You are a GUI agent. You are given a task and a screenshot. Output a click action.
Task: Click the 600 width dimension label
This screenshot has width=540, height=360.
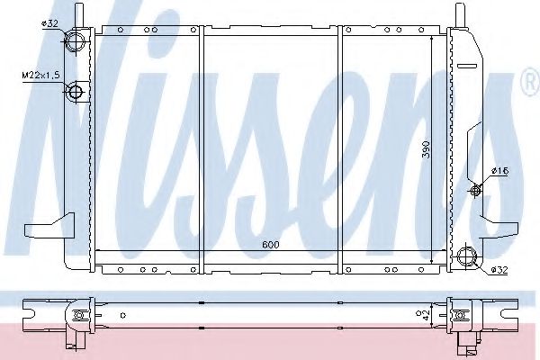click(x=271, y=245)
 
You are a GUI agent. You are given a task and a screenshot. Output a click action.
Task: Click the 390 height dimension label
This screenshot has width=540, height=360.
click(x=427, y=149)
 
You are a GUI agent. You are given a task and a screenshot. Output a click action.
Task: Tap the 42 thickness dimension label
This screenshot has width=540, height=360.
click(x=427, y=315)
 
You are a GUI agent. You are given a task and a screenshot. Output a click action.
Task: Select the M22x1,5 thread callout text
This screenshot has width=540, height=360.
click(x=40, y=75)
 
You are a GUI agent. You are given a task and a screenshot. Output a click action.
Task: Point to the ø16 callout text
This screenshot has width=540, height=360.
click(x=500, y=170)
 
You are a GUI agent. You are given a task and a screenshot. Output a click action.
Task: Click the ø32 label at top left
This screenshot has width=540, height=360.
click(x=49, y=23)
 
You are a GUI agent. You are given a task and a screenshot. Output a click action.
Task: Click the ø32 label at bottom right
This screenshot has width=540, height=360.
click(x=499, y=270)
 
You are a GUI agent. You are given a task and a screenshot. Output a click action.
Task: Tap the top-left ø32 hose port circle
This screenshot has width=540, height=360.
click(x=75, y=41)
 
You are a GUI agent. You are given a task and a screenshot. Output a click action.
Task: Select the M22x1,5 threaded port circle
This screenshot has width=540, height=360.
click(x=76, y=92)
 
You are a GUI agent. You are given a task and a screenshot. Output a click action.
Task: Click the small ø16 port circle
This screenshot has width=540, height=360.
click(x=475, y=190)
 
